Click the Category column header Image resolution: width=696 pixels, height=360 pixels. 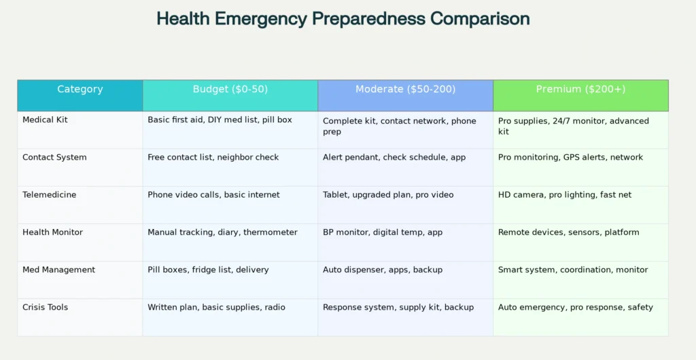coord(80,90)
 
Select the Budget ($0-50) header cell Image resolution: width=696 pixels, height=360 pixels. coord(230,90)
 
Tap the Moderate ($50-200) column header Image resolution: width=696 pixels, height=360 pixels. coord(405,90)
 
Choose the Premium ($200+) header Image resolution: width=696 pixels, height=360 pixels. coord(580,90)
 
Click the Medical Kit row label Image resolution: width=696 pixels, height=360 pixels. coord(45,120)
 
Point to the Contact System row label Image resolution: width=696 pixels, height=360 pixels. coord(54,158)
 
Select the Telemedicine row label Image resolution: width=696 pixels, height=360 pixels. coord(49,195)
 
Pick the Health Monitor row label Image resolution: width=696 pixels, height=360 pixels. coord(52,232)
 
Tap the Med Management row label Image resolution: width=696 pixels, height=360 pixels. coord(58,270)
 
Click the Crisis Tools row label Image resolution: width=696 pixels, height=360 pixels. coord(46,307)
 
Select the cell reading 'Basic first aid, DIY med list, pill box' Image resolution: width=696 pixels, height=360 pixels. coord(220,120)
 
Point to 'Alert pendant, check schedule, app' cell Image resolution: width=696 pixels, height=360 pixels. coord(394,158)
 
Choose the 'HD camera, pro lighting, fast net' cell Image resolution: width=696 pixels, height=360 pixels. coord(565,195)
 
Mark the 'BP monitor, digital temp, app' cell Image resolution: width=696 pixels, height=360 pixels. coord(383,232)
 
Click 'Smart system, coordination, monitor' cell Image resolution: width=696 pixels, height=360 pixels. coord(573,270)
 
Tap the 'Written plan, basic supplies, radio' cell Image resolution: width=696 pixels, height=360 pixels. coord(216,307)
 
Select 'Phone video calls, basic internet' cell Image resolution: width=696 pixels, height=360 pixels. coord(213,195)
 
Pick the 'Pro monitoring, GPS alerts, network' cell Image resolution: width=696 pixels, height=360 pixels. coord(570,158)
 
